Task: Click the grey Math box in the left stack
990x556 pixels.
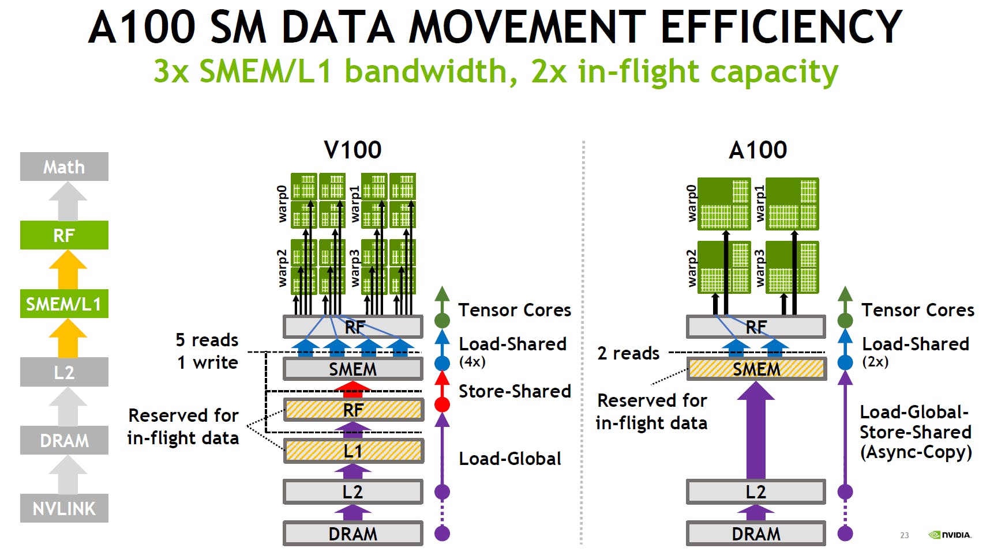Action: click(x=64, y=167)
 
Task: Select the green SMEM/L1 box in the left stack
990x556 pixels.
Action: click(x=64, y=304)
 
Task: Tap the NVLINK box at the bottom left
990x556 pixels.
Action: click(x=64, y=508)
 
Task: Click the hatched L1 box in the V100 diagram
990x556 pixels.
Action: click(x=353, y=451)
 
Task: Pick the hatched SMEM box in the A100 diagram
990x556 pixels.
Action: click(x=756, y=369)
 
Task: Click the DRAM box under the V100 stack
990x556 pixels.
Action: click(x=353, y=534)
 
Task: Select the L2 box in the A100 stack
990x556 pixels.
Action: click(x=756, y=492)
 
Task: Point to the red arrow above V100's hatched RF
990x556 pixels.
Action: click(x=353, y=389)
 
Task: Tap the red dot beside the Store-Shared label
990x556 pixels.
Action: click(x=442, y=404)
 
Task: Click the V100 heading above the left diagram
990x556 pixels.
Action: click(x=352, y=150)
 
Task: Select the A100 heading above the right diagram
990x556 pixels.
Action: click(x=757, y=150)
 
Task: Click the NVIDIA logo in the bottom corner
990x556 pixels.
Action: click(x=950, y=535)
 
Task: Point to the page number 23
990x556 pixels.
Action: click(x=904, y=535)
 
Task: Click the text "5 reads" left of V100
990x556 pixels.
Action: click(x=207, y=340)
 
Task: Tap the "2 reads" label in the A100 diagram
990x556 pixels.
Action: click(x=628, y=353)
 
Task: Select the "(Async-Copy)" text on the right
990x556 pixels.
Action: click(x=916, y=452)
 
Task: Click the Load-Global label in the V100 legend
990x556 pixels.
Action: click(x=509, y=459)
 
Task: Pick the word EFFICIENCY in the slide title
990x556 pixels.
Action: click(x=781, y=27)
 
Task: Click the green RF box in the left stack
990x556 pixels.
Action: click(x=64, y=235)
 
